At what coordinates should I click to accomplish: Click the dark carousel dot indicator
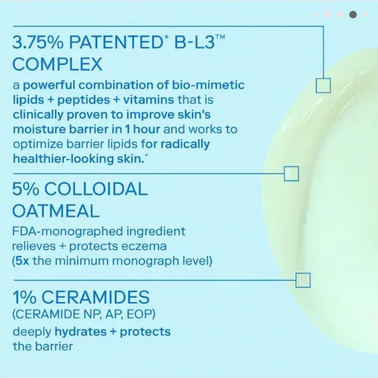pyautogui.click(x=353, y=15)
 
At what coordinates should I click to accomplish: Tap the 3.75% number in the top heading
pyautogui.click(x=38, y=42)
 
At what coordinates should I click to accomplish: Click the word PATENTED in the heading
pyautogui.click(x=116, y=42)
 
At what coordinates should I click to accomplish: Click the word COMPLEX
pyautogui.click(x=57, y=64)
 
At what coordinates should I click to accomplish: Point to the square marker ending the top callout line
pyautogui.click(x=323, y=85)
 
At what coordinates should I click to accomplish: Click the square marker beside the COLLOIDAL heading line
pyautogui.click(x=291, y=173)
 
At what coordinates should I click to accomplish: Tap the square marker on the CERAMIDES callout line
pyautogui.click(x=303, y=280)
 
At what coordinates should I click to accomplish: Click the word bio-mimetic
pyautogui.click(x=208, y=85)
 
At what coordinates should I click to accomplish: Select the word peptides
pyautogui.click(x=83, y=100)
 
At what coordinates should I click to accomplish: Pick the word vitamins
pyautogui.click(x=149, y=100)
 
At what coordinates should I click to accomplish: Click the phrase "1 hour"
pyautogui.click(x=143, y=129)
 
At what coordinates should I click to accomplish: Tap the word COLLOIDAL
pyautogui.click(x=96, y=189)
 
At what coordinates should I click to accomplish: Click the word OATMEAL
pyautogui.click(x=55, y=211)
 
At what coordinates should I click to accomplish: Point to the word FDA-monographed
pyautogui.click(x=68, y=231)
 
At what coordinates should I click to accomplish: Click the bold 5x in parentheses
pyautogui.click(x=22, y=261)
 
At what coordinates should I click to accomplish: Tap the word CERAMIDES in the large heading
pyautogui.click(x=95, y=297)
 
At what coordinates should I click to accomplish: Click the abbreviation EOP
pyautogui.click(x=139, y=314)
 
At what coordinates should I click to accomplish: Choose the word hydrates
pyautogui.click(x=81, y=332)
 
